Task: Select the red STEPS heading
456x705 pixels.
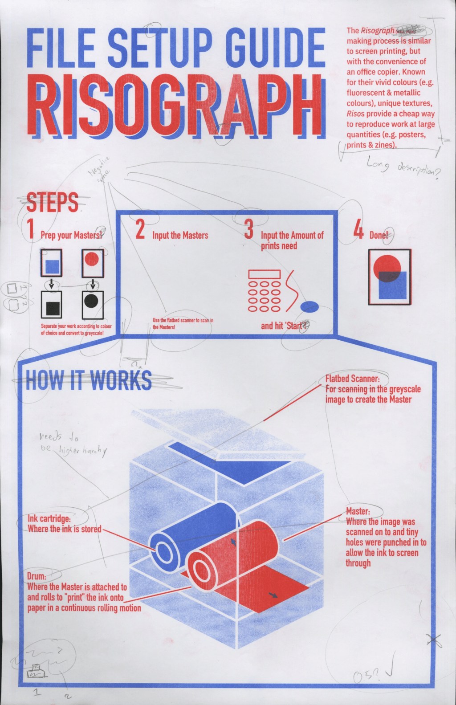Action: point(53,202)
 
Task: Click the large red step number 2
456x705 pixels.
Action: point(140,229)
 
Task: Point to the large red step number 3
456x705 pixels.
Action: point(249,229)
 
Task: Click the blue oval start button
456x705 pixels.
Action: point(309,306)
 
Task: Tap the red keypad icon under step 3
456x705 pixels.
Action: point(264,290)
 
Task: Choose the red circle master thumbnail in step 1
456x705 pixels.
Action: point(92,259)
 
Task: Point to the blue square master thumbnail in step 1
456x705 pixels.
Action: point(52,266)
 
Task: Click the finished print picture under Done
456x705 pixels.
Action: point(390,277)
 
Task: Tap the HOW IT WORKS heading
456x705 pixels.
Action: point(89,381)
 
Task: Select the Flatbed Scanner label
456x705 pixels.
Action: point(352,379)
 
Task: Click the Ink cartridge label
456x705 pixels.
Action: point(49,518)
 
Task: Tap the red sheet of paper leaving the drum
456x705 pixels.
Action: point(272,592)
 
